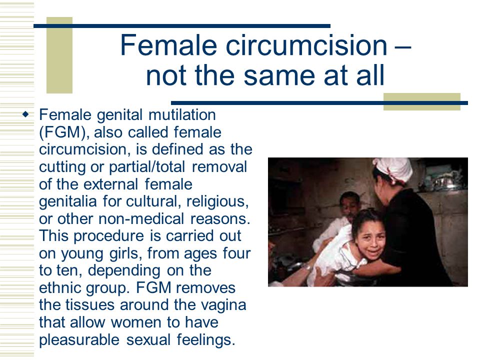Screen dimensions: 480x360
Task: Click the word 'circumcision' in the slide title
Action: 306,45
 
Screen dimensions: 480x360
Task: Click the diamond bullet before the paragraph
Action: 25,114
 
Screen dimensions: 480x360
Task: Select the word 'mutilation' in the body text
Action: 182,115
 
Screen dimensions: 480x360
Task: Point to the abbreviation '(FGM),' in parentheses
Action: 64,132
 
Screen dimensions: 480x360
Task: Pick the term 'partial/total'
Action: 147,167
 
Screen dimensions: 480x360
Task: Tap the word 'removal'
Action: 219,167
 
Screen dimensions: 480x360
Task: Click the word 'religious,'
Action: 217,201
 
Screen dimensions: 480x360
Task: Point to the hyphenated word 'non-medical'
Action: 141,219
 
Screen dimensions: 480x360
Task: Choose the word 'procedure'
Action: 108,236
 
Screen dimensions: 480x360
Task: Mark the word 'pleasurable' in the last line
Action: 79,340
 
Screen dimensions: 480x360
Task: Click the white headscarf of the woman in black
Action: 393,169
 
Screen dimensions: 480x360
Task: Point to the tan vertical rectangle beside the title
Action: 59,55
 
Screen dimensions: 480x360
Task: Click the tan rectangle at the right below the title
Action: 422,101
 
